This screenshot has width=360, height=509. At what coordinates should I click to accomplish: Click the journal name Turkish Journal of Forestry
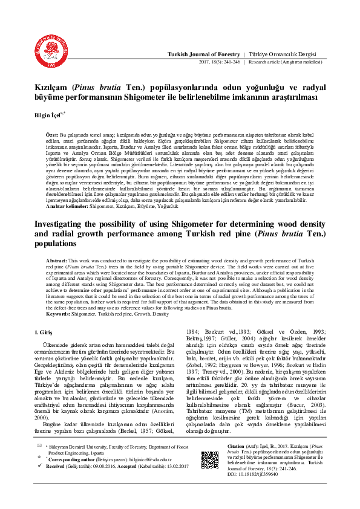pos(204,54)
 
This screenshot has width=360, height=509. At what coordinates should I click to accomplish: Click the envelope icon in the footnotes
pos(39,444)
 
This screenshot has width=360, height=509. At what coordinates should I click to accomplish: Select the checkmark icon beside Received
pos(39,467)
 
